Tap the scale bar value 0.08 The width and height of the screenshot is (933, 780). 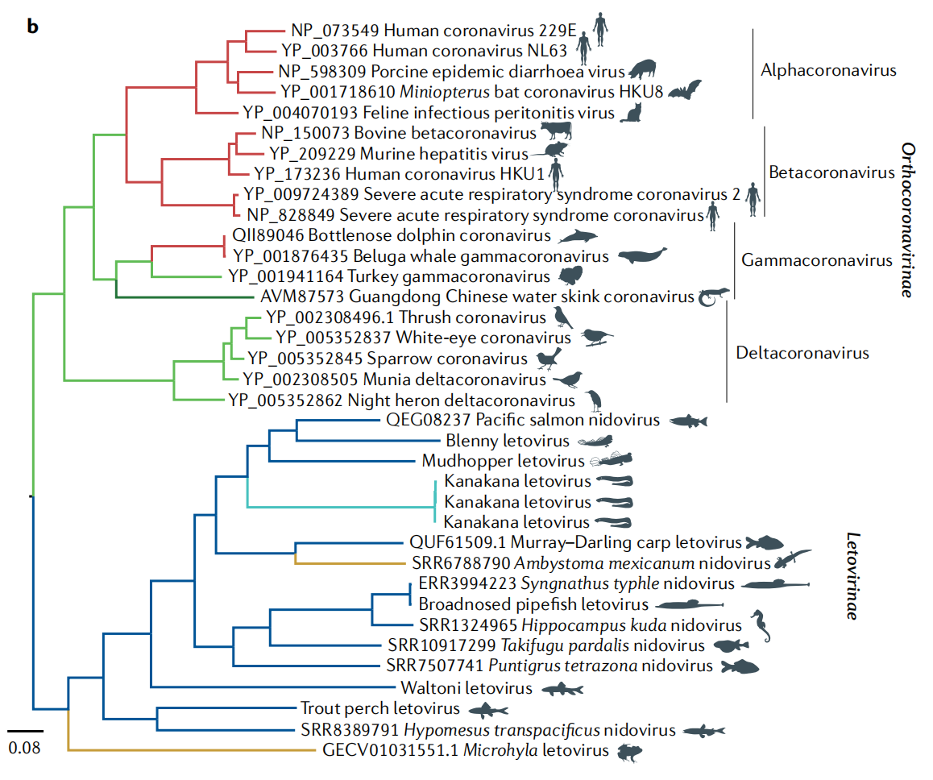point(24,747)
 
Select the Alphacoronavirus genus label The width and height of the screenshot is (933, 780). point(828,70)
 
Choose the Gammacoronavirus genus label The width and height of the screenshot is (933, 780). point(817,260)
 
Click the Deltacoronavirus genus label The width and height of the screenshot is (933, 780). point(802,353)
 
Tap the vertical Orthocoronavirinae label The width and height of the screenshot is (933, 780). point(908,220)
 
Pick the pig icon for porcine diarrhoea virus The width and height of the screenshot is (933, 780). point(642,68)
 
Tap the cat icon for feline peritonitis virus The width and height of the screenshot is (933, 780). point(631,112)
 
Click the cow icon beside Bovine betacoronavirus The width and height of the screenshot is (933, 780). point(555,131)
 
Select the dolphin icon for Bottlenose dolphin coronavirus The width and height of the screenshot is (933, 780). point(578,236)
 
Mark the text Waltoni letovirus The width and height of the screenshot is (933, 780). point(466,688)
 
